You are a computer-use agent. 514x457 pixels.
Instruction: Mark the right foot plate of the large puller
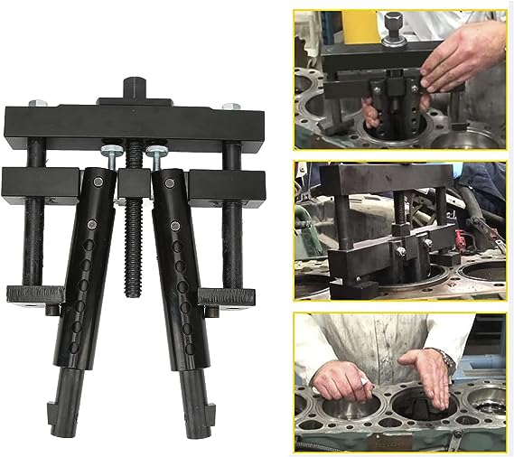pos(227,295)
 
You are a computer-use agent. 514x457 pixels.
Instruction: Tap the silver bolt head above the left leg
pos(107,153)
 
